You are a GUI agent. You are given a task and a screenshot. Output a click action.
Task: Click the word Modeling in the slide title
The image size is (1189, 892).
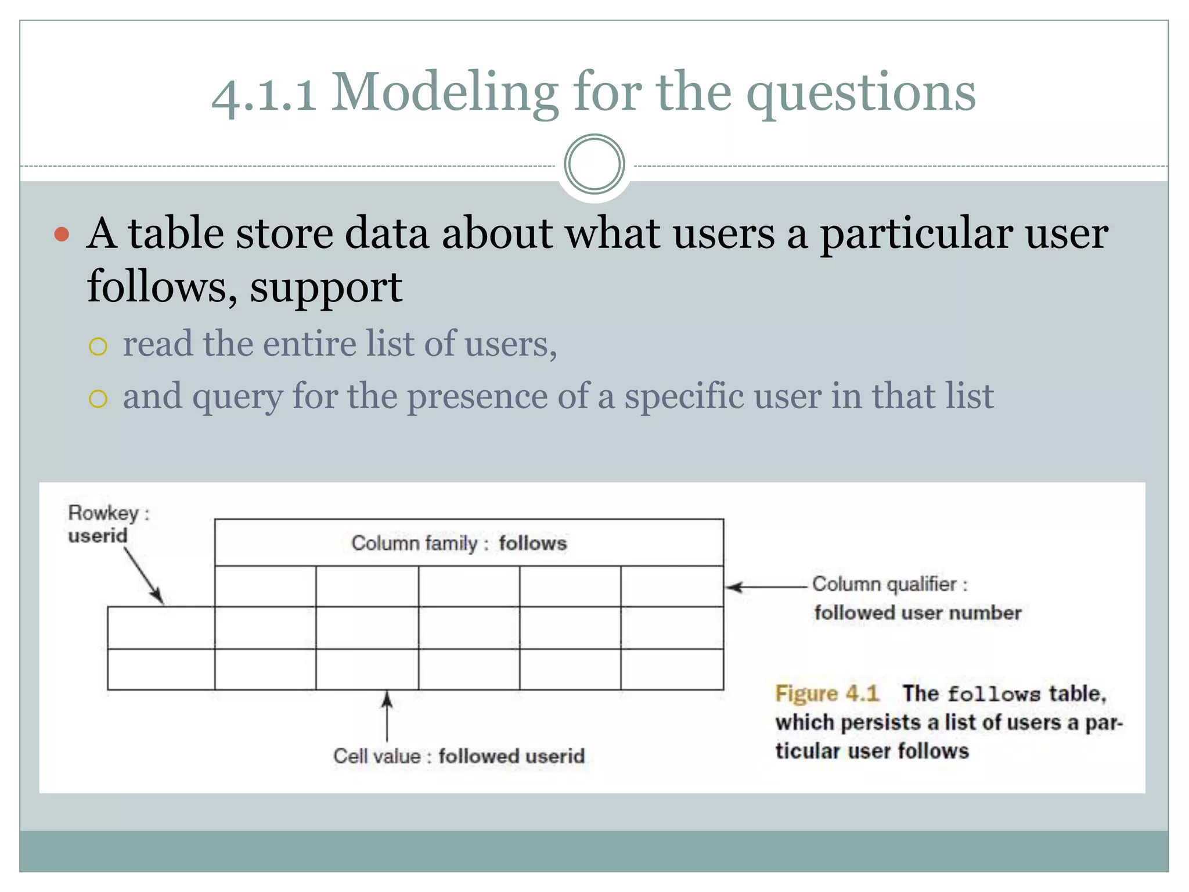(444, 93)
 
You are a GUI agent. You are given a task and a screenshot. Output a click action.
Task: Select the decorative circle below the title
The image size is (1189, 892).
(594, 164)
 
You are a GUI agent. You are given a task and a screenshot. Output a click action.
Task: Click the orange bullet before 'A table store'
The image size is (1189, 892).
(62, 235)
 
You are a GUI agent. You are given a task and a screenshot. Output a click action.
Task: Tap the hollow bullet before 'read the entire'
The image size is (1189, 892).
(98, 347)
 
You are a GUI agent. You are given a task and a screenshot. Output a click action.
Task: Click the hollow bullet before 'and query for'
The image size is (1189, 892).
(98, 399)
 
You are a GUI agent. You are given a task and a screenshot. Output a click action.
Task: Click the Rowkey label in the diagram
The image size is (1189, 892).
(104, 513)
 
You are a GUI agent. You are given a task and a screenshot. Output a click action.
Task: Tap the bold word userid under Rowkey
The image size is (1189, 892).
(98, 535)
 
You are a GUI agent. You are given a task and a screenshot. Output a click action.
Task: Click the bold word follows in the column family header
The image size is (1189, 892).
(532, 544)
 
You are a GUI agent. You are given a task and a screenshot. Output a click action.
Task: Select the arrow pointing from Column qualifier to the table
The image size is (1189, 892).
(766, 587)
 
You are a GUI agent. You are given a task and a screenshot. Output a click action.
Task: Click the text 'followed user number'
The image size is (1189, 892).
(917, 613)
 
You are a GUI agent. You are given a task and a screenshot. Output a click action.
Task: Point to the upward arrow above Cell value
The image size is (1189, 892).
(387, 715)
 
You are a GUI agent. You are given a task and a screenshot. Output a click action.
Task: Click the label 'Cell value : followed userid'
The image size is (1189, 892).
(459, 756)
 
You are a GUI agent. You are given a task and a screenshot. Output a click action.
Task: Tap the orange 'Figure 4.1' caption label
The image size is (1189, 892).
(827, 693)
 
